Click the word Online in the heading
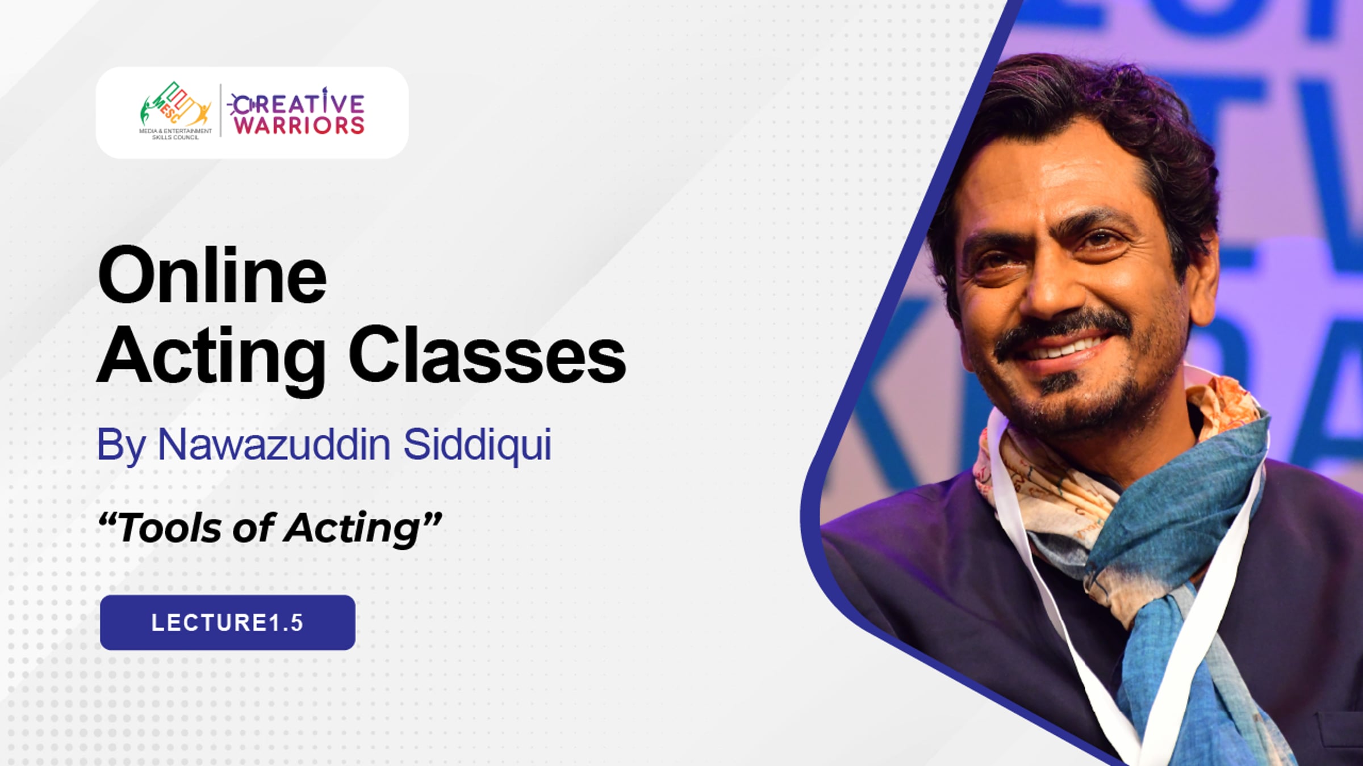(x=212, y=276)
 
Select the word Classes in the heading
(x=487, y=355)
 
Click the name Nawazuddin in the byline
(x=274, y=444)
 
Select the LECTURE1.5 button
(x=228, y=622)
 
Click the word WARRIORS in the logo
(x=299, y=125)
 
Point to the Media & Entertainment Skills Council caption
(x=175, y=134)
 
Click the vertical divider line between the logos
(x=221, y=110)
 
